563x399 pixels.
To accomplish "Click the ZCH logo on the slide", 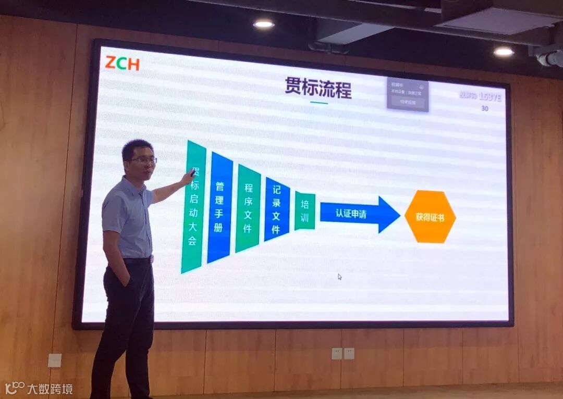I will pos(122,63).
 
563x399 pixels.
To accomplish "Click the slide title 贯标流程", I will pos(318,88).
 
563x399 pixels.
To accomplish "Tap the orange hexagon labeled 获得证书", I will pos(430,217).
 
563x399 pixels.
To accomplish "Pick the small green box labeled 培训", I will pos(305,210).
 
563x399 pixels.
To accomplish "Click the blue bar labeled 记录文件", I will pos(277,209).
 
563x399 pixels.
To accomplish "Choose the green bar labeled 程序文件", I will pos(248,208).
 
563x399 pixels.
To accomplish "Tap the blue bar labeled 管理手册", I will pos(220,207).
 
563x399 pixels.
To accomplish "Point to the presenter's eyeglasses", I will pos(143,160).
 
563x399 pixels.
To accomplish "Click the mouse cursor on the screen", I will pos(340,277).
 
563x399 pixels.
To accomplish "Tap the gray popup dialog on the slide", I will pos(408,95).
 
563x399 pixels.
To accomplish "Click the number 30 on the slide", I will pos(485,109).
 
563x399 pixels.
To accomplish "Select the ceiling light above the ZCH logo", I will pos(264,24).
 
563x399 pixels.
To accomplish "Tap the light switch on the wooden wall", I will pos(54,360).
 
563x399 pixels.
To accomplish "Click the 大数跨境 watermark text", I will pos(50,389).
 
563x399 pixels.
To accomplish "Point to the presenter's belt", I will pos(137,260).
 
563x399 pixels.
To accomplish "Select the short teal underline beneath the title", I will pos(319,103).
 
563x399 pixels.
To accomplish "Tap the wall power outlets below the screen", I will pos(343,353).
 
